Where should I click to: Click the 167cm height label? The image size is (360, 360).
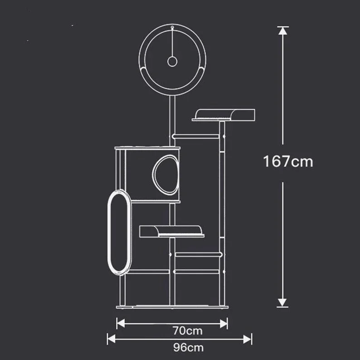pos(288,161)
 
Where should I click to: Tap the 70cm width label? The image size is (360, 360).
pos(188,331)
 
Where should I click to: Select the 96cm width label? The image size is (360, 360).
pos(188,348)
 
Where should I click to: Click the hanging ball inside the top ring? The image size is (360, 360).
pos(172,62)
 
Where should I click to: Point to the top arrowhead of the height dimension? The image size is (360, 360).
pos(282,31)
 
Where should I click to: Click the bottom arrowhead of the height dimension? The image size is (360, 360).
pos(282,302)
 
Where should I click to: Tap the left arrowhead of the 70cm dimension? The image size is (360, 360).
pos(121,323)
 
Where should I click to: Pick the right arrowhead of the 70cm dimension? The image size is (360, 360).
pos(224,323)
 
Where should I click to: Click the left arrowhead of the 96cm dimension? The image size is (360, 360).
pos(112,339)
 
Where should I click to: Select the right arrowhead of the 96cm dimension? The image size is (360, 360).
pos(248,339)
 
